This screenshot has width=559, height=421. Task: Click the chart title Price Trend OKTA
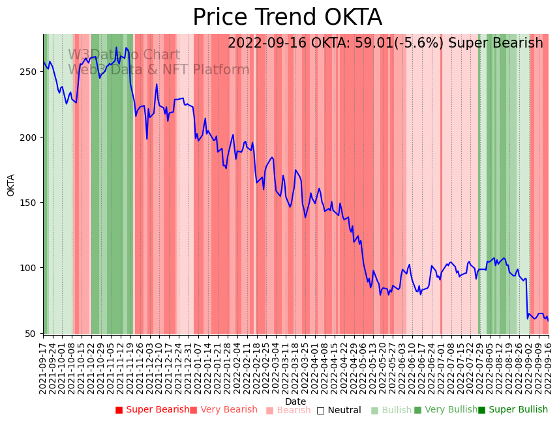[287, 18]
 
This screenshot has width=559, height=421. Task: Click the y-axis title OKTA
[11, 185]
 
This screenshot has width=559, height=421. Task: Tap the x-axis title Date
[295, 402]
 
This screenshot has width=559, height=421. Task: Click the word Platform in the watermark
[222, 70]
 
